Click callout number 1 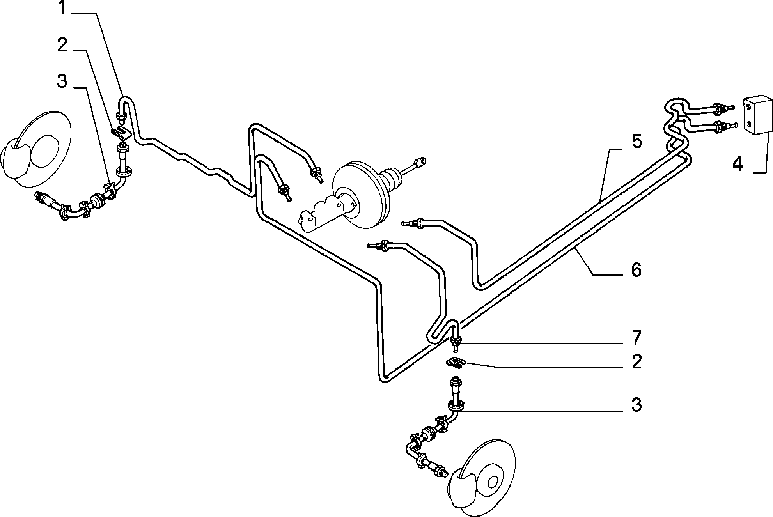tap(62, 8)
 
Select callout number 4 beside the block tap(738, 164)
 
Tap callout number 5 tap(636, 141)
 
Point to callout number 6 tap(636, 270)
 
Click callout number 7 tap(636, 338)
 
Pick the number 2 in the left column tap(62, 45)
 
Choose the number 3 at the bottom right tap(636, 405)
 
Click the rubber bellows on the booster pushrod tap(392, 179)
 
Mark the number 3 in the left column tap(62, 82)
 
